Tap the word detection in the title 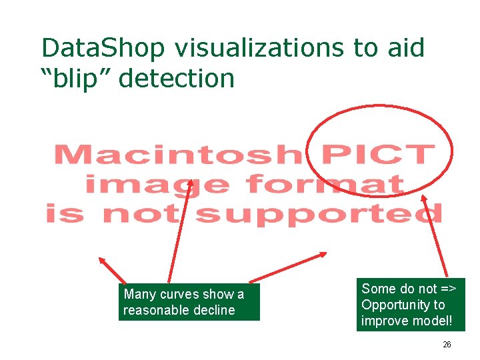point(178,78)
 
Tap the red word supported point(319,213)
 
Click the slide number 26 point(447,345)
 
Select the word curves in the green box point(180,294)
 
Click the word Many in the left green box point(140,294)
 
